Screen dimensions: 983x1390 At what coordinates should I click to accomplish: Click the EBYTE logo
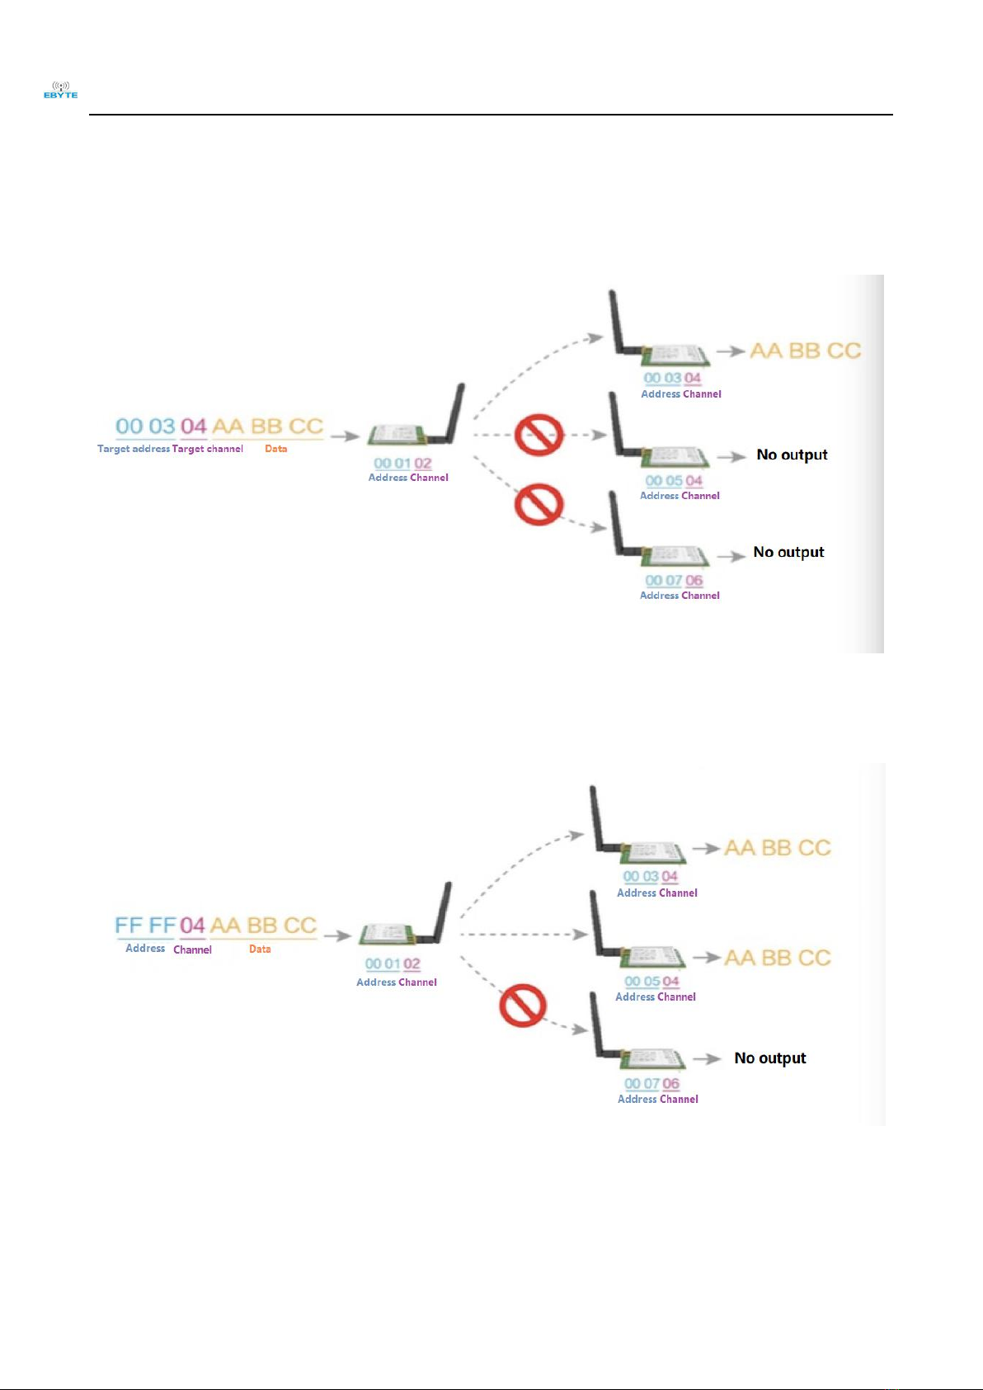click(60, 91)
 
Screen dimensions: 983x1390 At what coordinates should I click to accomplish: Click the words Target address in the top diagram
click(133, 449)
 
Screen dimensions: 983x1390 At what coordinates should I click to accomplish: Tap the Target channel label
click(208, 449)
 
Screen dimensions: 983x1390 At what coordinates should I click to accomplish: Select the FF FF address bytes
click(145, 926)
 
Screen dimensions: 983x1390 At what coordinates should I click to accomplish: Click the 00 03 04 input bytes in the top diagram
click(161, 426)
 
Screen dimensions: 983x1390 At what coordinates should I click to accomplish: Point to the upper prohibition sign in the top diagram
click(539, 435)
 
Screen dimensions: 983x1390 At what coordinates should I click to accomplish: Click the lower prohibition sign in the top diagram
click(539, 504)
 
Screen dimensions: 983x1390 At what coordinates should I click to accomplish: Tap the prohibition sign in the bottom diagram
click(523, 1006)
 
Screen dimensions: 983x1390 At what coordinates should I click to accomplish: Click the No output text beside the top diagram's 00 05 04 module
click(792, 455)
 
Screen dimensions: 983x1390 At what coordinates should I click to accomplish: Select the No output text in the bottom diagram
click(770, 1058)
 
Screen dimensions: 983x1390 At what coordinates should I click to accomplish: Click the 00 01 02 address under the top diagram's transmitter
click(402, 464)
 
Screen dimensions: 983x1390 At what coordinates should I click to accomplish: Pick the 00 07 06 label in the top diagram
click(674, 581)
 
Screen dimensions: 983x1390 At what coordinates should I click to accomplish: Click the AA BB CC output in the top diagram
click(805, 351)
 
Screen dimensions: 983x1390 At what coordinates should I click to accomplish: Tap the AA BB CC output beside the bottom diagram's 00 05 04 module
click(777, 958)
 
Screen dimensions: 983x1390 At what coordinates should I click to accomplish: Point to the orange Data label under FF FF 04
click(260, 949)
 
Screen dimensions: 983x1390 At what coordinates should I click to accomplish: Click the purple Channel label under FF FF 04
click(192, 949)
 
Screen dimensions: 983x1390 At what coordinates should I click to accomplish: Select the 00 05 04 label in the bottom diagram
click(651, 982)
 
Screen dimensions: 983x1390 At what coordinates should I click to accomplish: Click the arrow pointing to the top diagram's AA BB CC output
click(731, 351)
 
